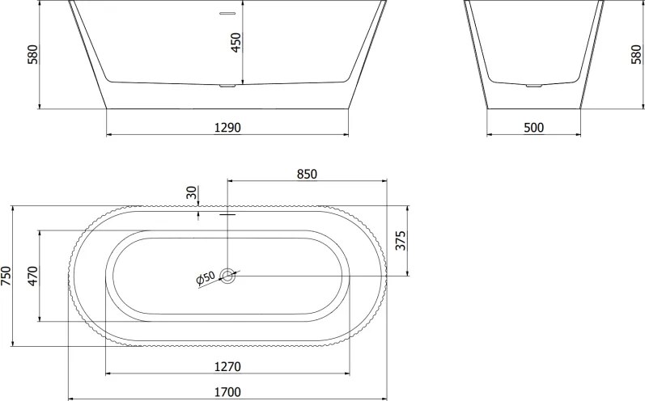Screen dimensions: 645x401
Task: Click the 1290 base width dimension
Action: click(x=227, y=128)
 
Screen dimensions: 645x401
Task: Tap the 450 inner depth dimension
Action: click(x=236, y=42)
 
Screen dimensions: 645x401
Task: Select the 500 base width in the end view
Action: click(x=533, y=128)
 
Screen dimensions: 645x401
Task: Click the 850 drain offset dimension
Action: click(x=307, y=174)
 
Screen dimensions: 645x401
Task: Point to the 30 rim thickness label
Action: click(x=192, y=192)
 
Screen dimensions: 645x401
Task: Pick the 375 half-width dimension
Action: click(x=401, y=240)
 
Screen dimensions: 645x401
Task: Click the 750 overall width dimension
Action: click(x=6, y=276)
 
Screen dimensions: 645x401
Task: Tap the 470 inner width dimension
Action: click(x=33, y=276)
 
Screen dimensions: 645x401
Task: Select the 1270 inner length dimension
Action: click(x=227, y=366)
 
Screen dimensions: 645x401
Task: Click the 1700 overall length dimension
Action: click(x=227, y=392)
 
